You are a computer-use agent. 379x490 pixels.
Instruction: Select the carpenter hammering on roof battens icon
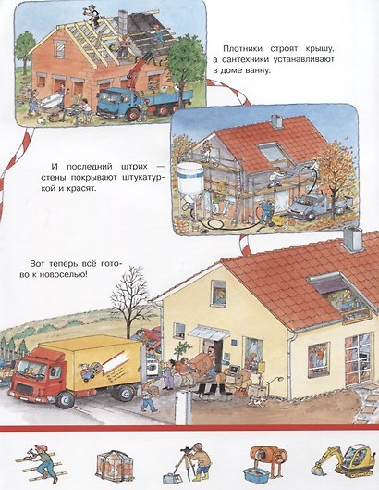(40, 462)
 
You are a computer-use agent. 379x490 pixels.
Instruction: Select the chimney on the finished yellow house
(353, 240)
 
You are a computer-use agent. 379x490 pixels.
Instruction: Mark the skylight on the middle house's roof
(275, 154)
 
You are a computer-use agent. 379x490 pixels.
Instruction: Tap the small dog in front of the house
(256, 401)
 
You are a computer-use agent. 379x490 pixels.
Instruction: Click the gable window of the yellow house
(219, 293)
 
